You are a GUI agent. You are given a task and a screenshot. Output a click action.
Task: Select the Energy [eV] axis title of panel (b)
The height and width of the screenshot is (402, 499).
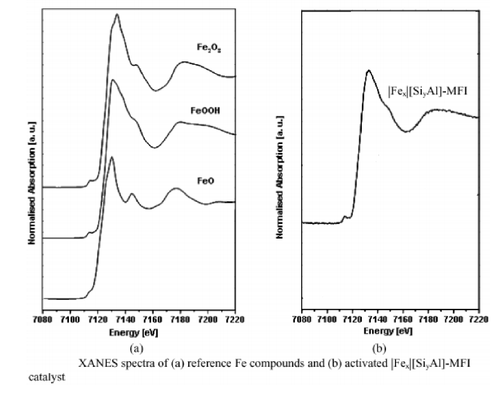coord(390,331)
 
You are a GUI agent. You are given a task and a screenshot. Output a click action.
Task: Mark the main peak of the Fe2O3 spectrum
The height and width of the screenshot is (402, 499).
coord(117,15)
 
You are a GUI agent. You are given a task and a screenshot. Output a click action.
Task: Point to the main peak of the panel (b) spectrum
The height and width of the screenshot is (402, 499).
coord(369,70)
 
